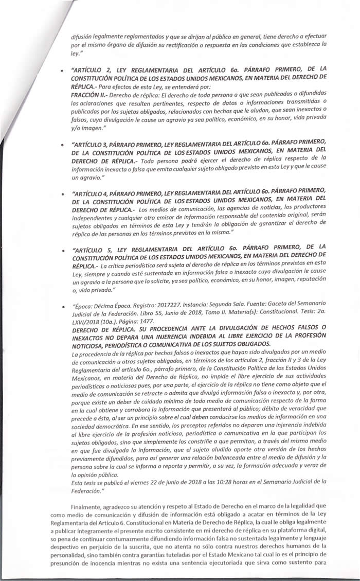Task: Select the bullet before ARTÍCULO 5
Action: pos(62,251)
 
